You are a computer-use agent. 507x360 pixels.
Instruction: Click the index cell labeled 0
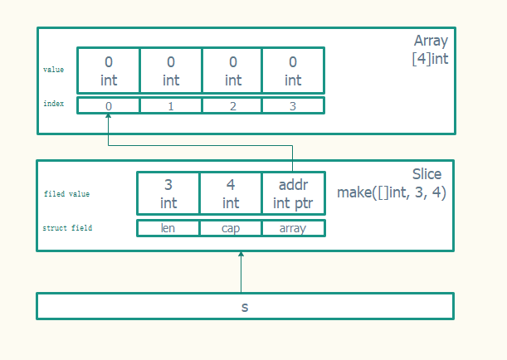click(x=109, y=105)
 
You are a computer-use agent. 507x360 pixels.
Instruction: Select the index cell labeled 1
click(x=171, y=105)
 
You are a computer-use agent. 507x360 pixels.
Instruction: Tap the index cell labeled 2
click(x=232, y=105)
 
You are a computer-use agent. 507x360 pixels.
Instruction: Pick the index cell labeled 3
click(x=293, y=105)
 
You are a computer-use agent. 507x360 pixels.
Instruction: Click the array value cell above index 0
click(x=109, y=71)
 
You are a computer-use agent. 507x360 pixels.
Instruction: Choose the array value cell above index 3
click(x=293, y=71)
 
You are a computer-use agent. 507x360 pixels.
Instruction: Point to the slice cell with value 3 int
click(x=168, y=193)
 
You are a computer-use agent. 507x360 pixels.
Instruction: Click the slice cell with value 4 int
click(x=231, y=193)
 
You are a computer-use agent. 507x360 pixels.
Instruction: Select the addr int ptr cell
click(x=293, y=193)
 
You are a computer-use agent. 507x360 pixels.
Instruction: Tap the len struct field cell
click(x=168, y=228)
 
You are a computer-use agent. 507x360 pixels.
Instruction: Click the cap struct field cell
click(x=231, y=228)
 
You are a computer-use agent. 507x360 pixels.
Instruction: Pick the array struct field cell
click(x=293, y=228)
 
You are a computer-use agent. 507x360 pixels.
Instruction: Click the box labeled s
click(x=245, y=306)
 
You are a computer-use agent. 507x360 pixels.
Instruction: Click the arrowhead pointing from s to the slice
click(x=241, y=255)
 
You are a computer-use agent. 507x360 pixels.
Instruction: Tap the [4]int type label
click(x=430, y=58)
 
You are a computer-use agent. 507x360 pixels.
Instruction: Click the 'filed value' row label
click(x=66, y=194)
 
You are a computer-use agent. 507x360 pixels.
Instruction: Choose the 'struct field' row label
click(x=67, y=227)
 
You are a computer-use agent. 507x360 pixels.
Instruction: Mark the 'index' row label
click(x=53, y=104)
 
